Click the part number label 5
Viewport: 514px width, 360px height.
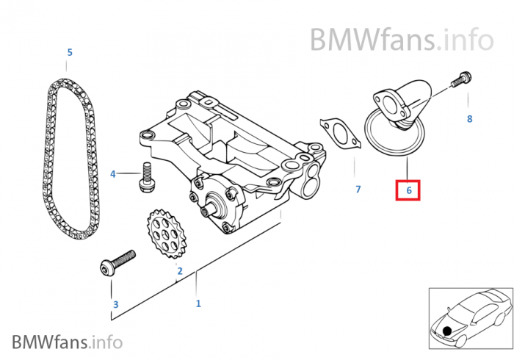click(70, 52)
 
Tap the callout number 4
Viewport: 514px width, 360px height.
click(113, 174)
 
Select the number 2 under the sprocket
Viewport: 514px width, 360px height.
click(180, 271)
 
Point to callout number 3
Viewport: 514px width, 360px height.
click(115, 304)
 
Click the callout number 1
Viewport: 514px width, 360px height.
click(198, 303)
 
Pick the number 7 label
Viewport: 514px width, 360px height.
click(358, 189)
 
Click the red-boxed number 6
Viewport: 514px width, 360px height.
click(408, 190)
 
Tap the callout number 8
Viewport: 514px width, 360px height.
click(469, 119)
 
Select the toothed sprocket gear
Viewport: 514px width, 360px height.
click(167, 234)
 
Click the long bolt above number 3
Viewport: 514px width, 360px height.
click(117, 262)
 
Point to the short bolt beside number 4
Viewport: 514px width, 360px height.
click(146, 177)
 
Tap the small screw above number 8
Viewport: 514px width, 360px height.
click(461, 79)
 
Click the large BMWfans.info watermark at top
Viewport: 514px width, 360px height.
click(402, 40)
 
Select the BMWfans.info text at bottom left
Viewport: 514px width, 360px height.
click(68, 342)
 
